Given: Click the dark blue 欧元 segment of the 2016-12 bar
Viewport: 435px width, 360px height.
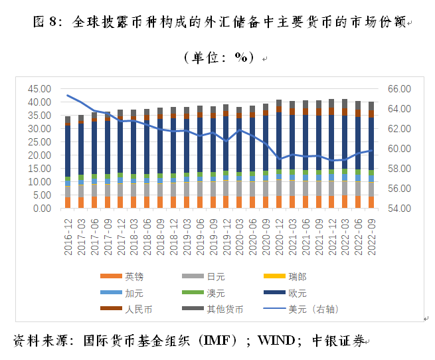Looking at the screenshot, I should [x=68, y=151].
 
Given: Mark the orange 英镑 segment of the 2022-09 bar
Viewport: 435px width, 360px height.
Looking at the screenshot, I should [x=371, y=201].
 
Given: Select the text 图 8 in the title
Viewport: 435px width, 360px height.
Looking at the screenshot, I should [x=46, y=23].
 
